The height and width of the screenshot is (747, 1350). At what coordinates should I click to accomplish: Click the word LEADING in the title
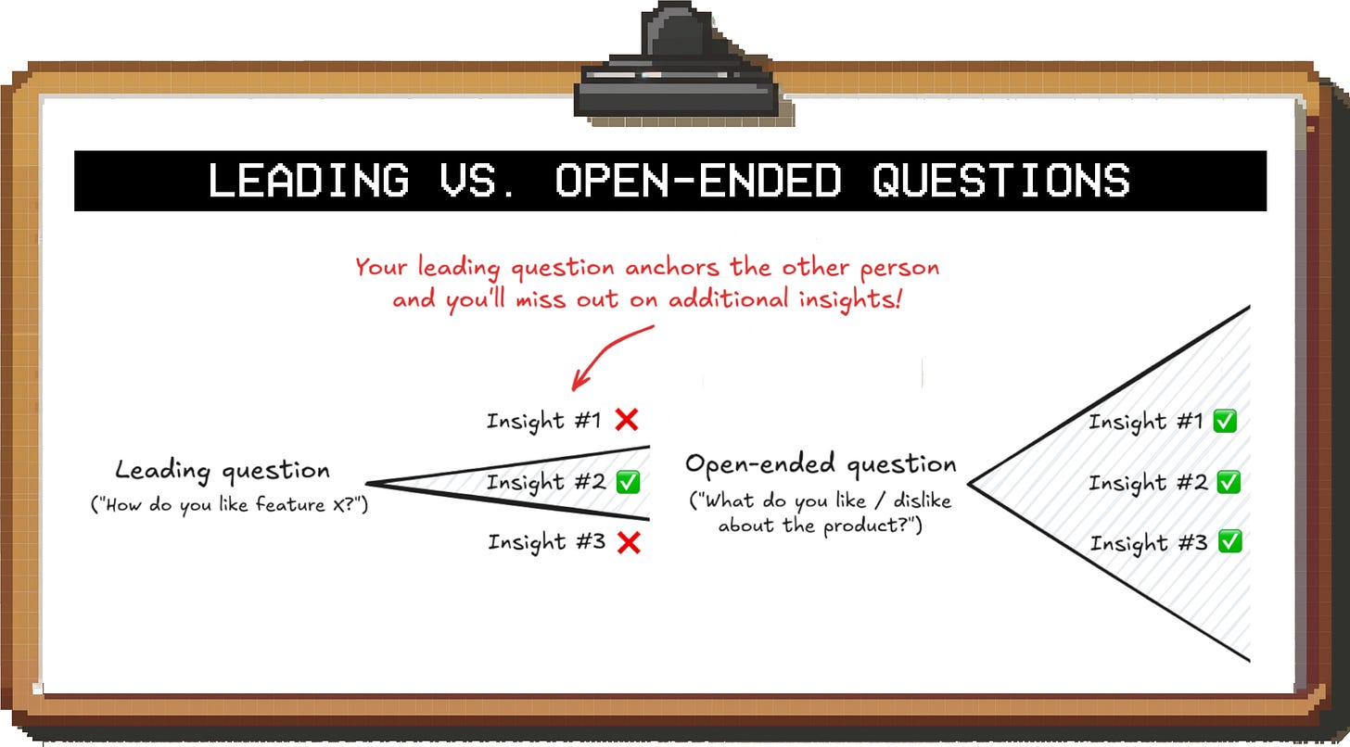(308, 180)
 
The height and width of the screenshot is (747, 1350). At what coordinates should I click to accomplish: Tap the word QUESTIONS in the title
(1001, 180)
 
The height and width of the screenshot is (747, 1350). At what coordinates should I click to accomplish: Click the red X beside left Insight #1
(627, 420)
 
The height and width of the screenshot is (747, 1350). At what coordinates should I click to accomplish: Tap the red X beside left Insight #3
(629, 543)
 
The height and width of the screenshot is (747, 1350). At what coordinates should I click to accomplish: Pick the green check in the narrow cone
(628, 482)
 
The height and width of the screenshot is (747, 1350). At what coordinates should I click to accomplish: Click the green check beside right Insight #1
(1226, 421)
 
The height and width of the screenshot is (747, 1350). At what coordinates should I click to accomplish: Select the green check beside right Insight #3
(1229, 542)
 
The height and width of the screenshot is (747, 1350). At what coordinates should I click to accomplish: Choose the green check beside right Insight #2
(1229, 482)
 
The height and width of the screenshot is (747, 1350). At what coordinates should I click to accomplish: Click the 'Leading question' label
(223, 471)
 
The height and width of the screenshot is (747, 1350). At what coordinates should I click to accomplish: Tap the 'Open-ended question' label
(821, 463)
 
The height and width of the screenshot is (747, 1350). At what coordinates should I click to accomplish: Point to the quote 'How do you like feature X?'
(229, 506)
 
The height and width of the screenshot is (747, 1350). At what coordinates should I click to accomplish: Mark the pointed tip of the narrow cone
(368, 483)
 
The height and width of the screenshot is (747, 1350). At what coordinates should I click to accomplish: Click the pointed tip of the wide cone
(970, 483)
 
